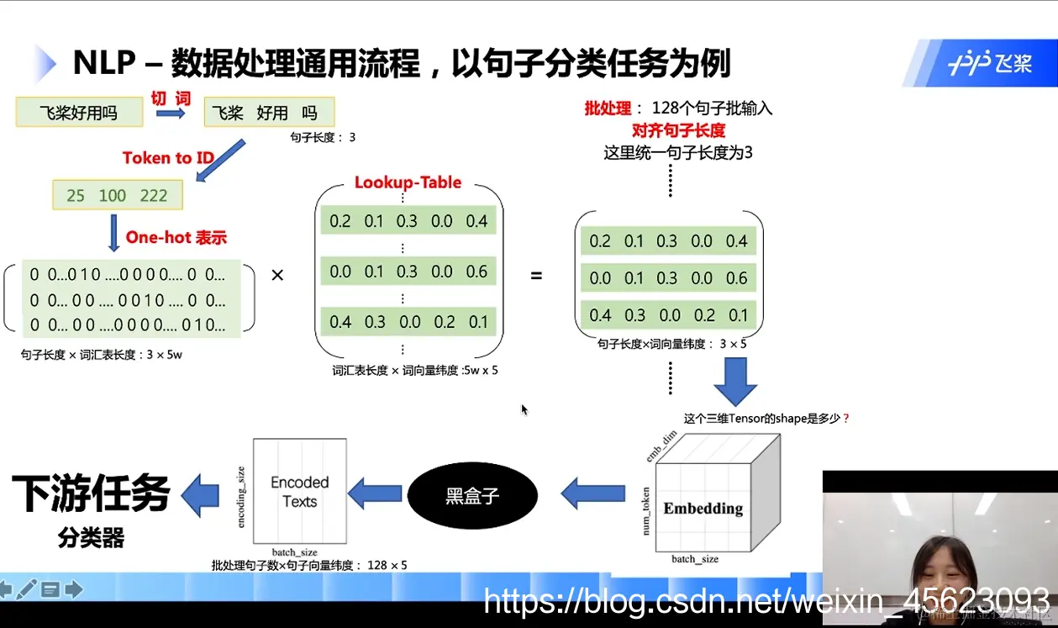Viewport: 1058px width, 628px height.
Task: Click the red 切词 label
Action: [x=171, y=98]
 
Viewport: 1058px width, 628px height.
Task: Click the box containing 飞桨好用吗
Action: [x=79, y=113]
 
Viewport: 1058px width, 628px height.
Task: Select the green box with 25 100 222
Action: [x=118, y=195]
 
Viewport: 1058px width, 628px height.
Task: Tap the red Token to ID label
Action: [x=168, y=158]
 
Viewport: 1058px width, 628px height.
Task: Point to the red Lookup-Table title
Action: [x=408, y=182]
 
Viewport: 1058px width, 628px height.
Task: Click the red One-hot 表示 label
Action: [x=176, y=237]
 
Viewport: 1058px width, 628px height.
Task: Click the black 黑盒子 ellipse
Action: [x=472, y=495]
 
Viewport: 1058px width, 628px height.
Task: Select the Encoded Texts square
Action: [x=300, y=491]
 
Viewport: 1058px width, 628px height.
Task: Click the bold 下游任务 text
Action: [x=91, y=493]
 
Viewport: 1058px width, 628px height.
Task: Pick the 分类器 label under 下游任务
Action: [x=91, y=538]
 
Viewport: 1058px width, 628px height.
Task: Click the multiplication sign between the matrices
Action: [x=277, y=276]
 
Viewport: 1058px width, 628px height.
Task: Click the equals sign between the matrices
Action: [x=536, y=276]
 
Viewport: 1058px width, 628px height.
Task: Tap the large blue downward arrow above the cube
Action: [x=735, y=382]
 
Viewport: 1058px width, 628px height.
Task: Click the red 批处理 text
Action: [x=608, y=108]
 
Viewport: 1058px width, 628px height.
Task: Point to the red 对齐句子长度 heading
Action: [x=678, y=130]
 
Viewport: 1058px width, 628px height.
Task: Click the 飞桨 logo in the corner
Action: [x=990, y=64]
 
